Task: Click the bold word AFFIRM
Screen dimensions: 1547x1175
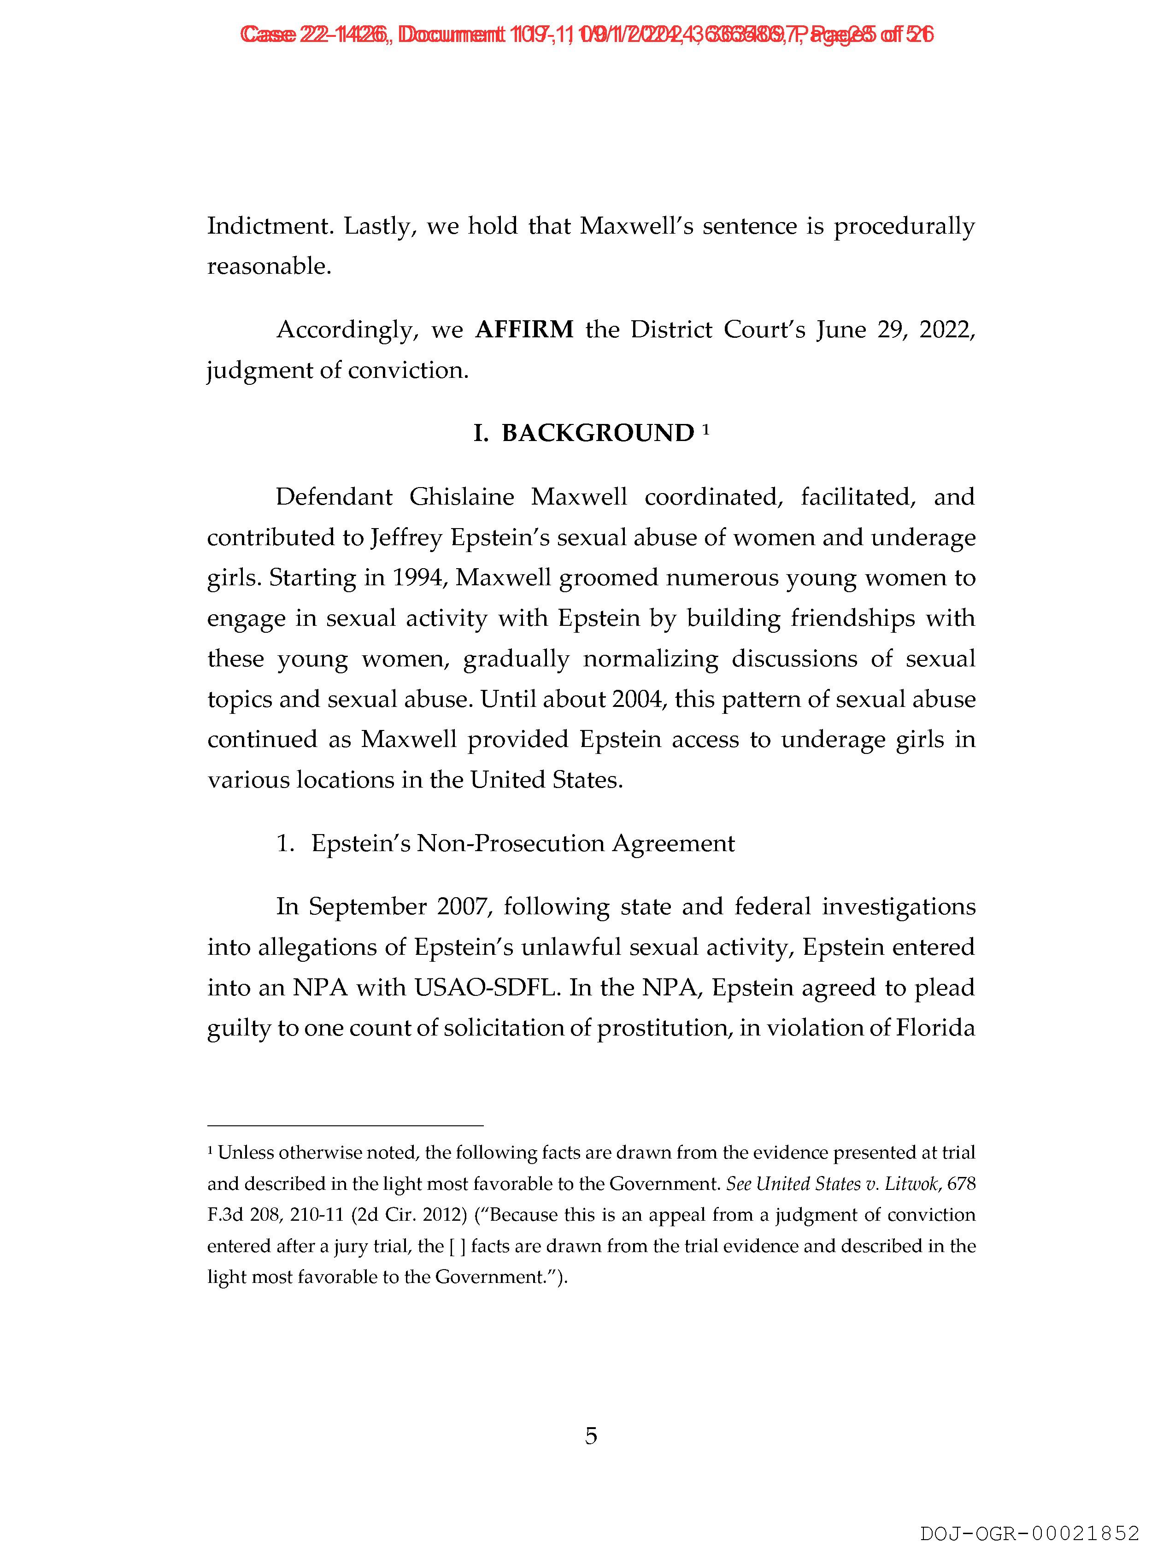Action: tap(524, 329)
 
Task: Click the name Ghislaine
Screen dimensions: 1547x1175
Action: tap(462, 497)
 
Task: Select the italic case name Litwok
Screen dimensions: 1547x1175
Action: tap(907, 1184)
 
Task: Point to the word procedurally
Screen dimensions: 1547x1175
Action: tap(904, 227)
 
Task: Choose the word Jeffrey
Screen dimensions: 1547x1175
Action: tap(407, 538)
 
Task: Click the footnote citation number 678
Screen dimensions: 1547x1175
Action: tap(962, 1184)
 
